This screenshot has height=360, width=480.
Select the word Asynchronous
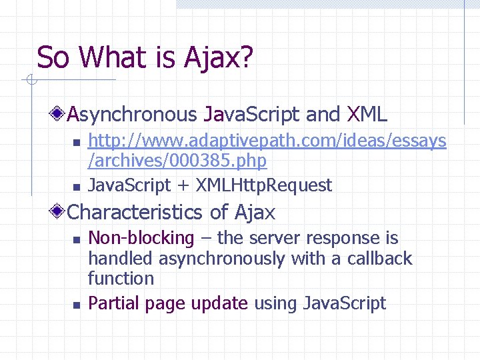131,115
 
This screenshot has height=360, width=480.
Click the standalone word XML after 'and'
367,115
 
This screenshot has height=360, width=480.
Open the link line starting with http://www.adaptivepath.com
267,141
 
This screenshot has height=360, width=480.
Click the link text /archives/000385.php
177,161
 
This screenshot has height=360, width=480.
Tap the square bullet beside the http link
76,142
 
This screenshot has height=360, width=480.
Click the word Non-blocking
141,238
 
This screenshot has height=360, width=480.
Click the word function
121,278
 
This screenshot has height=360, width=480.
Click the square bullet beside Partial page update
76,305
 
